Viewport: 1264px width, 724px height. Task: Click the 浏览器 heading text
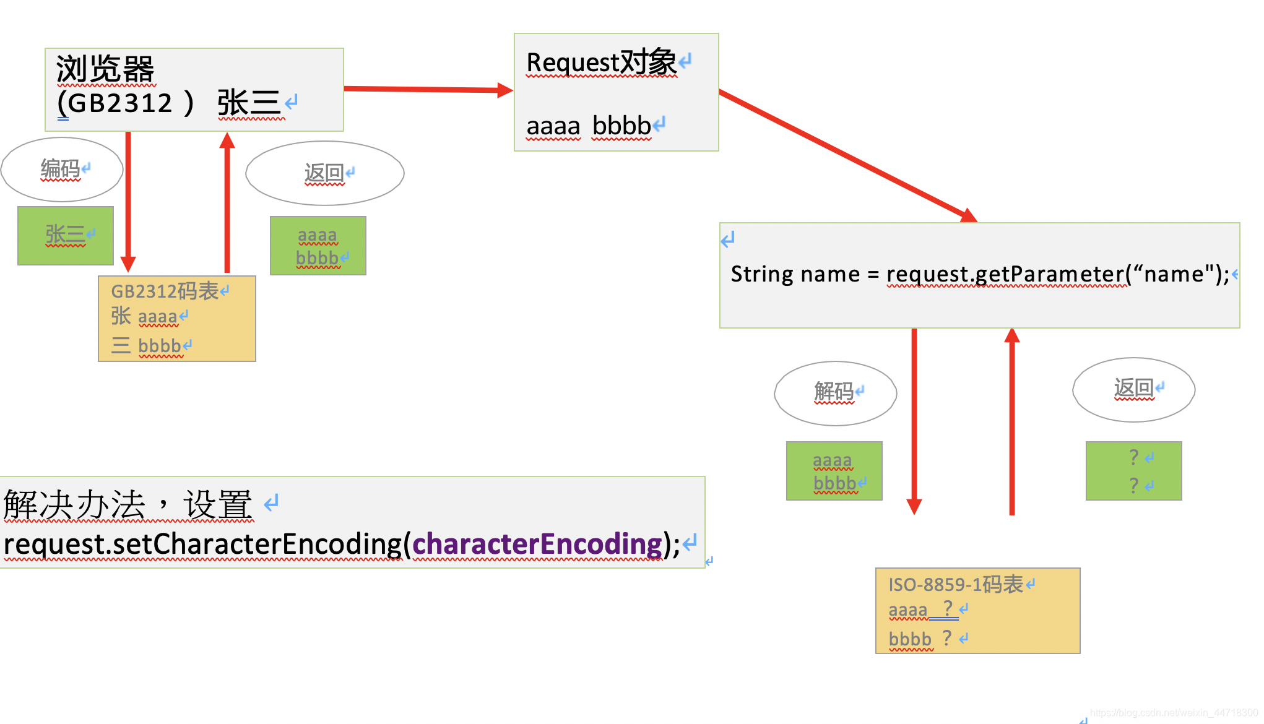tap(105, 69)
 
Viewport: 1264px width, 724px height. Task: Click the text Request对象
tap(601, 62)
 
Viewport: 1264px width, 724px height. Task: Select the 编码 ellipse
tap(61, 170)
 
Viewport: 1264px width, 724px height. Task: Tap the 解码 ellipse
tap(834, 393)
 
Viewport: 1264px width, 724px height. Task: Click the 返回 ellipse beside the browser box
tap(324, 173)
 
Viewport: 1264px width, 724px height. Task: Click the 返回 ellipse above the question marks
tap(1133, 389)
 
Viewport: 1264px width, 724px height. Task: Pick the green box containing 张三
tap(66, 236)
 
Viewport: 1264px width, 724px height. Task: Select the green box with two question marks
tap(1133, 471)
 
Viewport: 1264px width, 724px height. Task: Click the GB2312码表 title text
tap(165, 291)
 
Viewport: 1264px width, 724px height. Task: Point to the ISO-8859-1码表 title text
tap(956, 584)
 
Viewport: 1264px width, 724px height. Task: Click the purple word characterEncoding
tap(537, 544)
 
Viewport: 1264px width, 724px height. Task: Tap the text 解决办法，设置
tap(128, 504)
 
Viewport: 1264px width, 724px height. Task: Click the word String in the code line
tap(756, 274)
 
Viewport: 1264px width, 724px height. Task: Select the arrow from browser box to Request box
tap(427, 90)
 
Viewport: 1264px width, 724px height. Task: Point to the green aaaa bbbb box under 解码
tap(834, 471)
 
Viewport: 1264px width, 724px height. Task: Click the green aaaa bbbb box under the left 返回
tap(318, 246)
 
